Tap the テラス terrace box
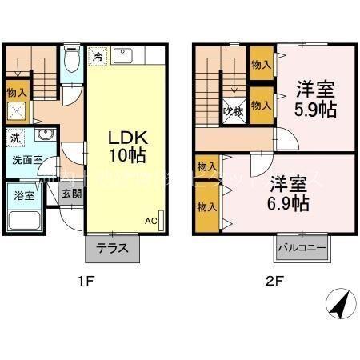click(x=113, y=247)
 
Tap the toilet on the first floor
click(x=71, y=61)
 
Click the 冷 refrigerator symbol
click(x=96, y=58)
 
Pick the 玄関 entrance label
click(x=71, y=193)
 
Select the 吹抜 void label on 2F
click(x=231, y=110)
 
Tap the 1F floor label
click(x=86, y=282)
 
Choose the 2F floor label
click(x=274, y=282)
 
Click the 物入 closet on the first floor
click(x=16, y=94)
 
